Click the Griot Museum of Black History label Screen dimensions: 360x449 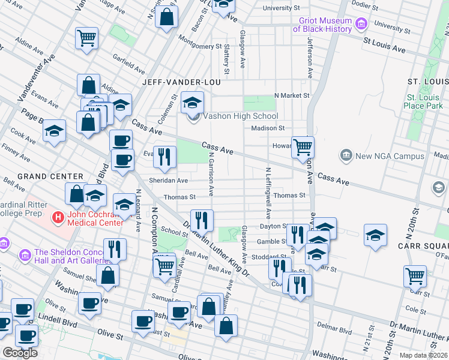click(x=325, y=25)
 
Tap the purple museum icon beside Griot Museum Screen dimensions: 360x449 click(x=361, y=25)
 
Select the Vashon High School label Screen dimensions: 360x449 click(x=241, y=116)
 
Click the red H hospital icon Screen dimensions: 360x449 click(x=58, y=217)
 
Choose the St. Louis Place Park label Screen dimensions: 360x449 click(x=425, y=101)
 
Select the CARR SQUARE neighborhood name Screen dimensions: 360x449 click(x=423, y=245)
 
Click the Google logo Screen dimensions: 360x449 click(x=20, y=353)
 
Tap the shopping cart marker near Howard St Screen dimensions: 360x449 click(x=303, y=146)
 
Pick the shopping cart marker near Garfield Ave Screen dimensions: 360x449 click(x=87, y=38)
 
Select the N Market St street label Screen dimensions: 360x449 click(x=292, y=95)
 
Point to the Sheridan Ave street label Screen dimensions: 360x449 click(x=169, y=181)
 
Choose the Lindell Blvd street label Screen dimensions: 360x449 click(x=53, y=314)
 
